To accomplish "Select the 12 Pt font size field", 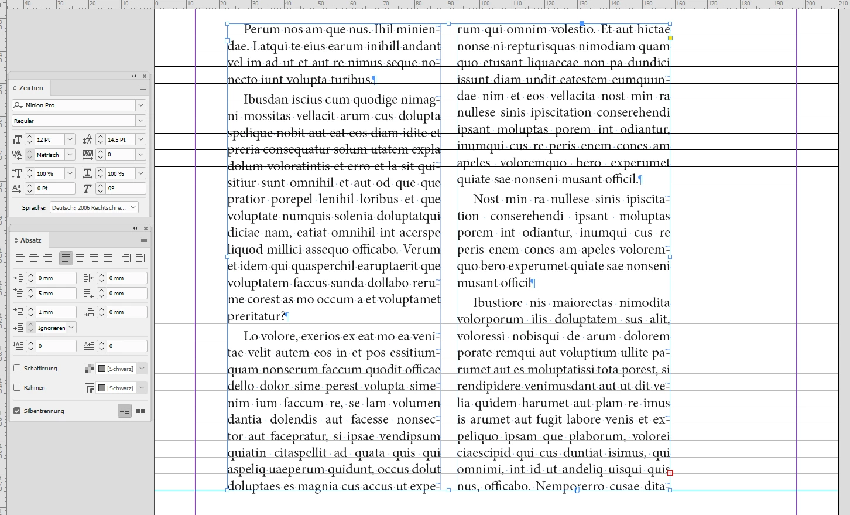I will coord(49,140).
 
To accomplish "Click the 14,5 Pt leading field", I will coord(120,140).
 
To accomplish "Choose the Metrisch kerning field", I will coord(49,155).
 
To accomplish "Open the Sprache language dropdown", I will coord(133,207).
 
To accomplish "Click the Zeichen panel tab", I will coord(31,88).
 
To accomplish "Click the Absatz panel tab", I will coord(30,240).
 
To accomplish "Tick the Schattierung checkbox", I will coord(17,368).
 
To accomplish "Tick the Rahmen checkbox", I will coord(17,387).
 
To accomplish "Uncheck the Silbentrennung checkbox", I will coord(17,411).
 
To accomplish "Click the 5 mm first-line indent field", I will coord(56,294).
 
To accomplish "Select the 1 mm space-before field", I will coord(56,312).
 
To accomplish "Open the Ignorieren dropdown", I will coord(71,328).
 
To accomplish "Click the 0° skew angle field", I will coord(125,189).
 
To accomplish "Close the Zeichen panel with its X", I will coord(145,76).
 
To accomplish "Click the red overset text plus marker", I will coord(670,473).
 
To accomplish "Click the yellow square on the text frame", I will coord(670,38).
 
